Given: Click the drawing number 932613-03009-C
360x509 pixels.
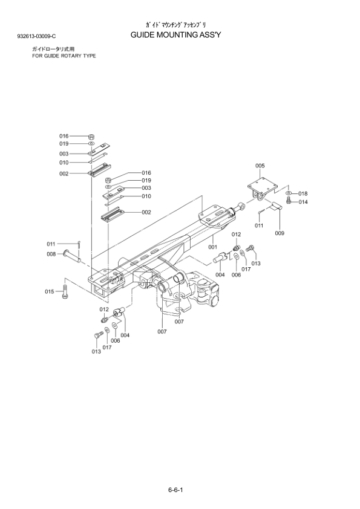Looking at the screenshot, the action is click(x=36, y=36).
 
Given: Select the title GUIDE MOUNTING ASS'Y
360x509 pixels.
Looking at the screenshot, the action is click(x=176, y=34).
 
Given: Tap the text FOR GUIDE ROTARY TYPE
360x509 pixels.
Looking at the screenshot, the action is click(x=64, y=56).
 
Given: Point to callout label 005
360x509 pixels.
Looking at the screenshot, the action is click(x=260, y=166).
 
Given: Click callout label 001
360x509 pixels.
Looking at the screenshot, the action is click(x=212, y=247).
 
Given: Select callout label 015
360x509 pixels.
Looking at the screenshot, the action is click(x=50, y=291).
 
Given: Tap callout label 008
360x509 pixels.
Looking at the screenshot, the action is click(x=51, y=254).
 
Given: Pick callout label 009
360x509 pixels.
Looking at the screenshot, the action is click(x=280, y=233).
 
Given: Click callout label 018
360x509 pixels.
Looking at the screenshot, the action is click(x=303, y=194).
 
